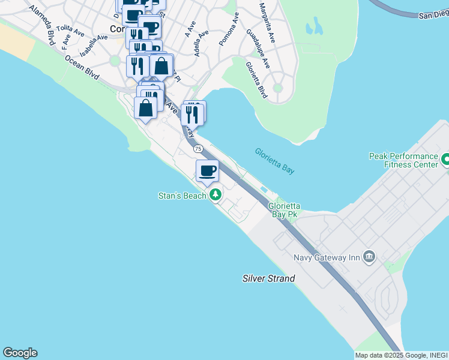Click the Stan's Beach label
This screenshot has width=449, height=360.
[182, 196]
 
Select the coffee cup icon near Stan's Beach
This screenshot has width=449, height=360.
[208, 171]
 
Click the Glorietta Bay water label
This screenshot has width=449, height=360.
[274, 161]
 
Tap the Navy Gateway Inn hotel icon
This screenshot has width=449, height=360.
[369, 257]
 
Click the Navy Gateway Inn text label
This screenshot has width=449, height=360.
[327, 258]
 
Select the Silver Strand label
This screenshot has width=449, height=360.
[268, 278]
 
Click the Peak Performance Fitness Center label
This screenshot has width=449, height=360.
[403, 160]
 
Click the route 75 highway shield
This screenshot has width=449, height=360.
[198, 148]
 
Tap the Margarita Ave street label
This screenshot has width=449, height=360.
[268, 23]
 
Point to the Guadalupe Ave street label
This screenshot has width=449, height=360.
[258, 47]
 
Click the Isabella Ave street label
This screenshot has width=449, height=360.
[94, 46]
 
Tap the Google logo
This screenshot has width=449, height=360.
[20, 353]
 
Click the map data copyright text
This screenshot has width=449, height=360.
[400, 355]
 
